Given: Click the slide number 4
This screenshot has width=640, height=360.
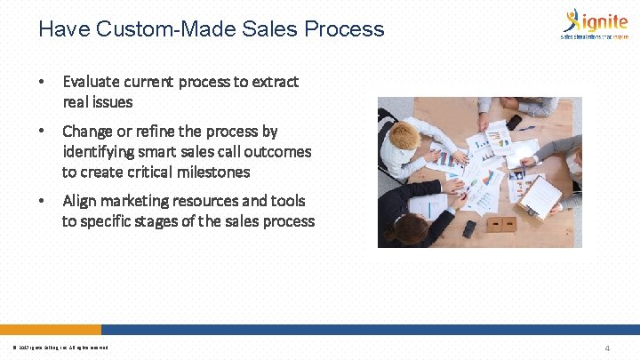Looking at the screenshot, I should pyautogui.click(x=606, y=348).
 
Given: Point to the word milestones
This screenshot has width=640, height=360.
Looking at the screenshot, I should pyautogui.click(x=218, y=172).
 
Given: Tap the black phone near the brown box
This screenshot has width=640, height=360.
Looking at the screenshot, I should pyautogui.click(x=468, y=228).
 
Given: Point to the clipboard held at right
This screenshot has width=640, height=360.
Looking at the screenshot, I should pyautogui.click(x=542, y=196).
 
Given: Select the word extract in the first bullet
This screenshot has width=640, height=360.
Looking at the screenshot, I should pyautogui.click(x=276, y=82).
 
